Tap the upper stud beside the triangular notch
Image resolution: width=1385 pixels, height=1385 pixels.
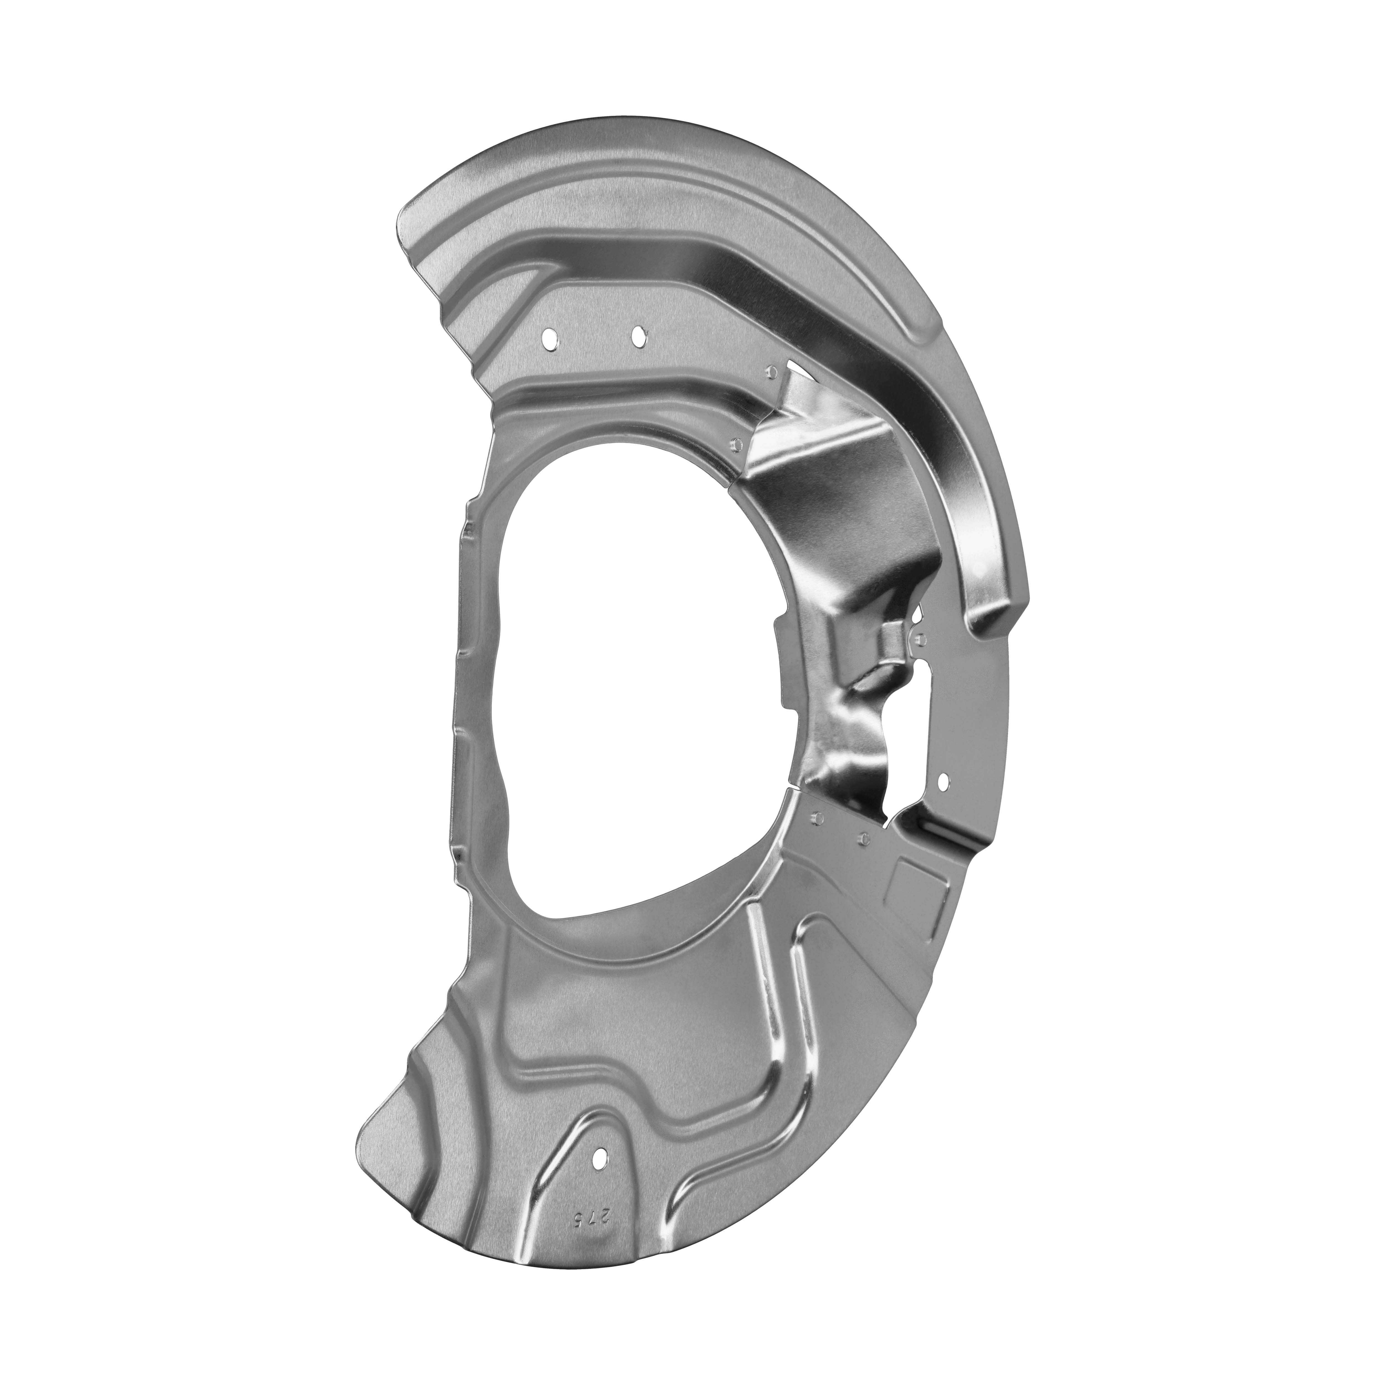(771, 371)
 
